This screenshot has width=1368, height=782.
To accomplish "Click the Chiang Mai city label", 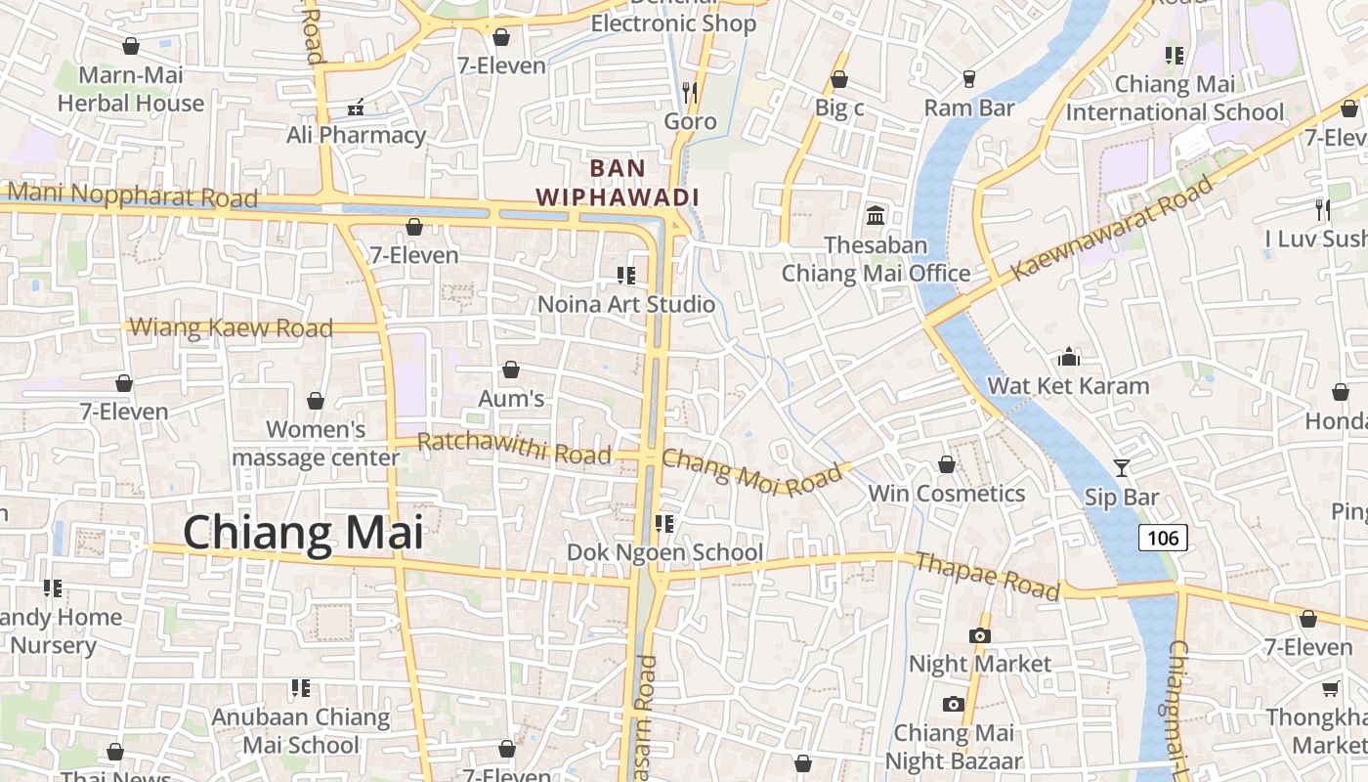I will coord(303,534).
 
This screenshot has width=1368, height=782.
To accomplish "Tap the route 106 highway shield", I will coord(1163,538).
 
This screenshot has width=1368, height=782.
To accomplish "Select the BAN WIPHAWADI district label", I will coord(618,183).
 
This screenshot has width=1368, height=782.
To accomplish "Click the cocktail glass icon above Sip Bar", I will coord(1121,468).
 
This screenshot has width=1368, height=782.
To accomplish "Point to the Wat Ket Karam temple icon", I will coord(1069,357).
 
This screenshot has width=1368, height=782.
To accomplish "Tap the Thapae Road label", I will coord(987,576).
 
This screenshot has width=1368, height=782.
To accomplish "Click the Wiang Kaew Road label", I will coord(231,327).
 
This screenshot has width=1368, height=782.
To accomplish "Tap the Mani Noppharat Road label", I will coord(133,195).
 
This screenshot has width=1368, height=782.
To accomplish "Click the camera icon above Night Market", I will coord(979,636).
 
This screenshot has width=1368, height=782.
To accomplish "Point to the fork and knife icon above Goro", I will coord(690,93).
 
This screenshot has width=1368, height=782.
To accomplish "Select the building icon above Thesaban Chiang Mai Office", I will coord(876,215).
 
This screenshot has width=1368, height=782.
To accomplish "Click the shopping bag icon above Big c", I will coord(838,79).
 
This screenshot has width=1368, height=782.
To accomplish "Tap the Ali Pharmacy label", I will coord(356,135).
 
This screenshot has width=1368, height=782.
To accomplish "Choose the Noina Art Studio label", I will coord(626,304).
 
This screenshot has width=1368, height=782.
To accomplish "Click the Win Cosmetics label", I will coord(947,494).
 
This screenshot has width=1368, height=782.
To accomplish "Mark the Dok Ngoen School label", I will coord(665,552).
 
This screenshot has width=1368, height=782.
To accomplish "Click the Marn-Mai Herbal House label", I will coord(131,89).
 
